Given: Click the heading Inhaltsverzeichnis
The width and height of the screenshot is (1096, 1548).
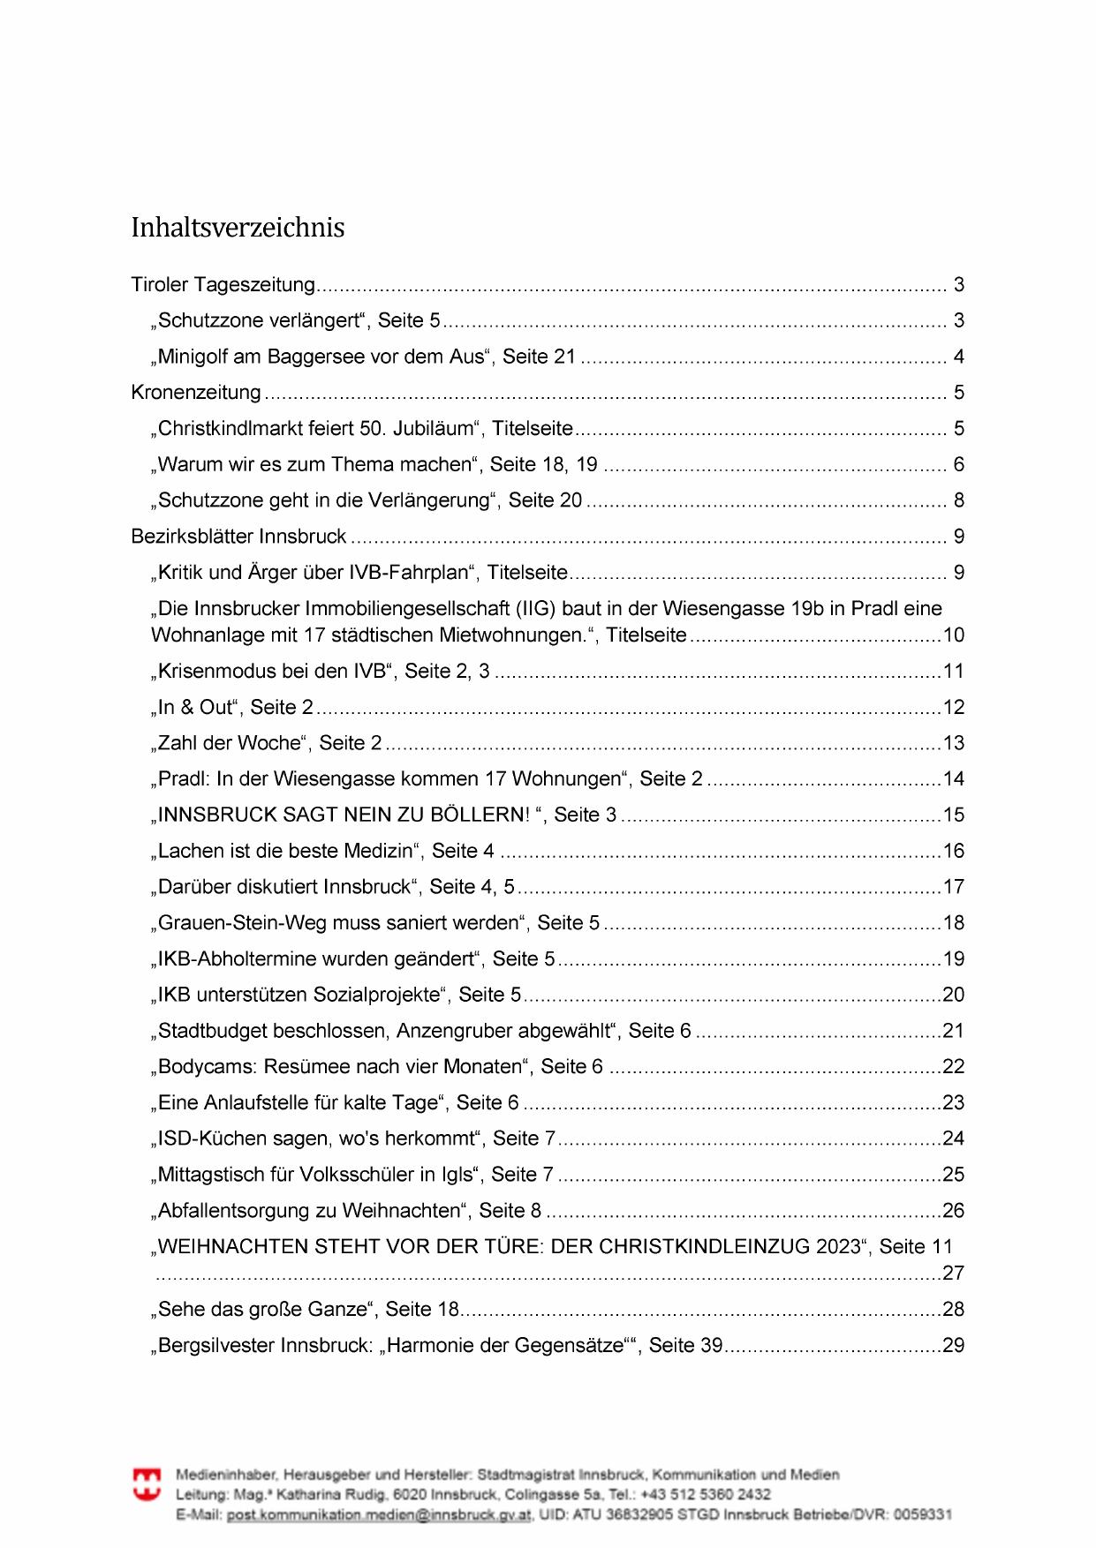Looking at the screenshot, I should pyautogui.click(x=238, y=228).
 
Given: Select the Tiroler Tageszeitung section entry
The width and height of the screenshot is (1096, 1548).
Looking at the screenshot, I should pyautogui.click(x=223, y=285).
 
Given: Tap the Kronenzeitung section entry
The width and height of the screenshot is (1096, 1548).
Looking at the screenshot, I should pyautogui.click(x=196, y=393).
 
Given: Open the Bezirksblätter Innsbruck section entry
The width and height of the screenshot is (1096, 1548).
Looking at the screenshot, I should pyautogui.click(x=238, y=537).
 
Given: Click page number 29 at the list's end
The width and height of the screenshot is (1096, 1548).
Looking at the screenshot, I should pyautogui.click(x=954, y=1346).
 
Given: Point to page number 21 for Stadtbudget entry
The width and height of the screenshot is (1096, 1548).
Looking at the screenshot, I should pyautogui.click(x=954, y=1031).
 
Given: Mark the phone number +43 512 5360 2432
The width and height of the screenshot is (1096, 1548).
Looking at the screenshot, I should pyautogui.click(x=706, y=1494).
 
